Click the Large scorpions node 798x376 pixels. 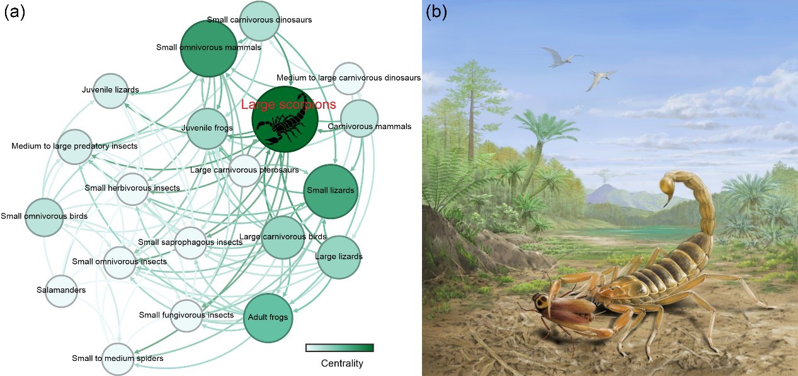(x=285, y=119)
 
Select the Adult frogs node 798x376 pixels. (x=268, y=318)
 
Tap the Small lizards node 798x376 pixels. (x=331, y=191)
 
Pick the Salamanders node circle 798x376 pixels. (x=61, y=291)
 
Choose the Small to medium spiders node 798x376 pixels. (x=118, y=359)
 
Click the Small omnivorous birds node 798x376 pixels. (x=44, y=217)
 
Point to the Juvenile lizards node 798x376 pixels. (x=111, y=91)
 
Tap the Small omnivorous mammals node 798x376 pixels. (x=208, y=48)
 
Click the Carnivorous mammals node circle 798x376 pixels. (x=359, y=118)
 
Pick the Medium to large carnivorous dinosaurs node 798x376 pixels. (x=349, y=78)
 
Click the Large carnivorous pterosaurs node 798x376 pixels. (x=244, y=171)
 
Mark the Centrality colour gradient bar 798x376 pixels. (x=340, y=348)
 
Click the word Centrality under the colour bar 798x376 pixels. (x=342, y=363)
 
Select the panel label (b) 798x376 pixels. (x=436, y=12)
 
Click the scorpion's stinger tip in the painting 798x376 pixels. (x=664, y=207)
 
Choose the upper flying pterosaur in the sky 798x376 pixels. (x=561, y=57)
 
